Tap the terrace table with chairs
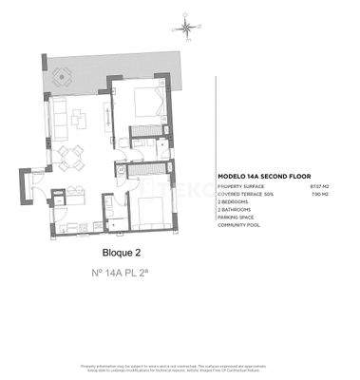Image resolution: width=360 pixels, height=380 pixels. pos(63,74)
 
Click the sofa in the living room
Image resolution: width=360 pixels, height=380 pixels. pos(57,116)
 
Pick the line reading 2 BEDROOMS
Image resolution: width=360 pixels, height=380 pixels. pos(236,203)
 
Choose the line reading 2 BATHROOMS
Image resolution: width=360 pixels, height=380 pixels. pos(237,211)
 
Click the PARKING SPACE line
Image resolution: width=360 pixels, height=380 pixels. pos(237,218)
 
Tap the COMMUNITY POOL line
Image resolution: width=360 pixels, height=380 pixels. pos(239,226)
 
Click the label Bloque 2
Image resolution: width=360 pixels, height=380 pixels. pos(121,254)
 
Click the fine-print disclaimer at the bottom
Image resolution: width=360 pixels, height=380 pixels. pos(180,367)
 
